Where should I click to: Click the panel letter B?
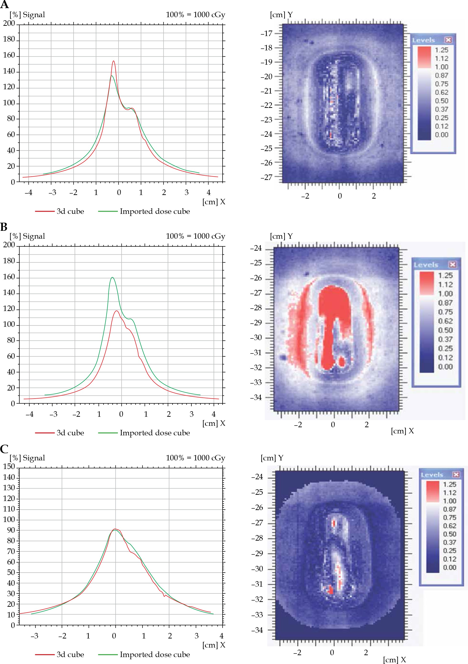(x=4, y=227)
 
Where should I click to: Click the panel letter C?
(x=4, y=449)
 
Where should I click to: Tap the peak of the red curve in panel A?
(x=114, y=61)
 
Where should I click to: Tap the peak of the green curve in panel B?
(x=112, y=278)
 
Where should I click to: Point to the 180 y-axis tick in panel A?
(x=9, y=39)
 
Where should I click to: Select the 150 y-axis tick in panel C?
(x=9, y=466)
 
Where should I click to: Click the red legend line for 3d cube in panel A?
(x=45, y=211)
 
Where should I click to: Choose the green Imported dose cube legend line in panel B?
(x=108, y=433)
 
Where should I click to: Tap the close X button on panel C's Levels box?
(x=456, y=474)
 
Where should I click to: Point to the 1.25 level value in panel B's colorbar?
(x=445, y=275)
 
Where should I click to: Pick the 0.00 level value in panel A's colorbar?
(x=442, y=135)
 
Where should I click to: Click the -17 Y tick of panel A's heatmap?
(x=267, y=34)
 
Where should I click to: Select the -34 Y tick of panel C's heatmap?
(x=257, y=630)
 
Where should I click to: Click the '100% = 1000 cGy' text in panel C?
(x=196, y=458)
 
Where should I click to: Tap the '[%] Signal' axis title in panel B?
(x=27, y=236)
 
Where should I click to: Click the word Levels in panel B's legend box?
(x=426, y=265)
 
